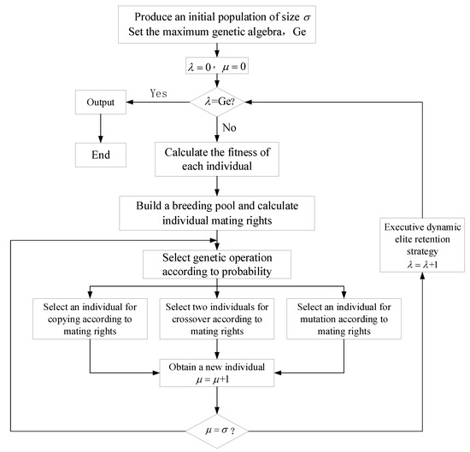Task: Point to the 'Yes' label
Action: tap(161, 92)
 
